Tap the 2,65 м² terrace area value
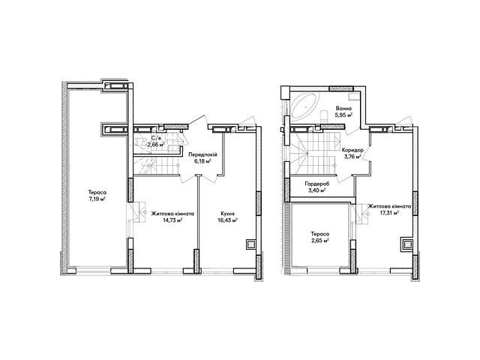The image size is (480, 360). click(x=320, y=240)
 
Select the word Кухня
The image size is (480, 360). click(x=227, y=214)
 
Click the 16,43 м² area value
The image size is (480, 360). click(x=227, y=220)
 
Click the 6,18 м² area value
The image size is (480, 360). click(x=202, y=161)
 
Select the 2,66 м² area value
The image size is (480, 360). click(x=156, y=145)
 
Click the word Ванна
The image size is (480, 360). click(x=343, y=109)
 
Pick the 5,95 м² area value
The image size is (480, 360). click(x=343, y=115)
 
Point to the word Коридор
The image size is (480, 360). click(x=352, y=150)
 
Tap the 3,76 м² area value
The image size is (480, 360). click(x=352, y=157)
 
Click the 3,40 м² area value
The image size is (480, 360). click(x=316, y=190)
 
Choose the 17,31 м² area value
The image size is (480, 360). click(x=389, y=213)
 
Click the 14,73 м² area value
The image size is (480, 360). click(x=172, y=220)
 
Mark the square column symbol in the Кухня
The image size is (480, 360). click(x=251, y=244)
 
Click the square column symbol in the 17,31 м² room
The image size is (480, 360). click(x=407, y=244)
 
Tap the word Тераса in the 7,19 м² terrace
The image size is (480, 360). click(x=97, y=193)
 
